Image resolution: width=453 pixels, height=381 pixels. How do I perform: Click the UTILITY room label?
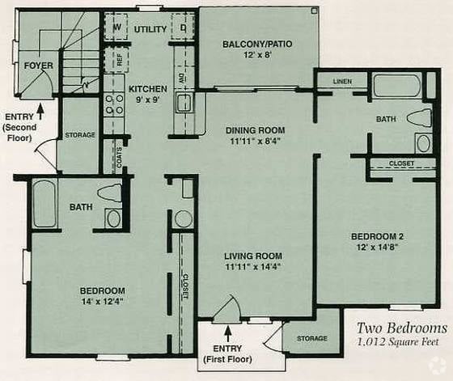point(150,29)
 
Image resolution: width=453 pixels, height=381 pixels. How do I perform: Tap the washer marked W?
point(116,27)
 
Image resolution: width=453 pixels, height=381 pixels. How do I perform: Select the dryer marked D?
point(183,27)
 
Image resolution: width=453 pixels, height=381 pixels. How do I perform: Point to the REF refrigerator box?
point(116,60)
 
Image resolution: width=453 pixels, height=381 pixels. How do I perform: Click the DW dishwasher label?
point(181,78)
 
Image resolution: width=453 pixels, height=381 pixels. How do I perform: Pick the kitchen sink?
point(184,103)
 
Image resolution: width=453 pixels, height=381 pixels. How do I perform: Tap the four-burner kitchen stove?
point(114,104)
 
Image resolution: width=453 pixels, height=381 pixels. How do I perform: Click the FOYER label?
point(39,66)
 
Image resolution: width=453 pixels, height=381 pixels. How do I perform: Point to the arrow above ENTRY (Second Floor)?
point(40,112)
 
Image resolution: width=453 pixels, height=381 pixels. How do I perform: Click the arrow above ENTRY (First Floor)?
point(228,334)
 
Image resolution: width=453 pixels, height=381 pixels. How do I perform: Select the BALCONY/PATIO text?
point(257,44)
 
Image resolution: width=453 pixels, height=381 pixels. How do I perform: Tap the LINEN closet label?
point(342,81)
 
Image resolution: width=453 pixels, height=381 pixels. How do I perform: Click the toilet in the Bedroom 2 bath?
point(420,118)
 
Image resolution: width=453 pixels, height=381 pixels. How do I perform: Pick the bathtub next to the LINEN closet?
point(397,86)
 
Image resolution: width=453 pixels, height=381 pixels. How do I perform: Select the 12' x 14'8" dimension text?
point(377,248)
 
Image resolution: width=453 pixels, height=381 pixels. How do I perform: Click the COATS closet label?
point(119,158)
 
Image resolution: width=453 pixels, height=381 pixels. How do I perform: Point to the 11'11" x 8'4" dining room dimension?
point(256,142)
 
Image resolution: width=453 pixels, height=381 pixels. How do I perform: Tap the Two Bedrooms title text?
point(402,328)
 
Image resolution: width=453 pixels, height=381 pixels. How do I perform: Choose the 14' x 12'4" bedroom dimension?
point(103,302)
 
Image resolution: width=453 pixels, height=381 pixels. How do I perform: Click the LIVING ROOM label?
point(253,256)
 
